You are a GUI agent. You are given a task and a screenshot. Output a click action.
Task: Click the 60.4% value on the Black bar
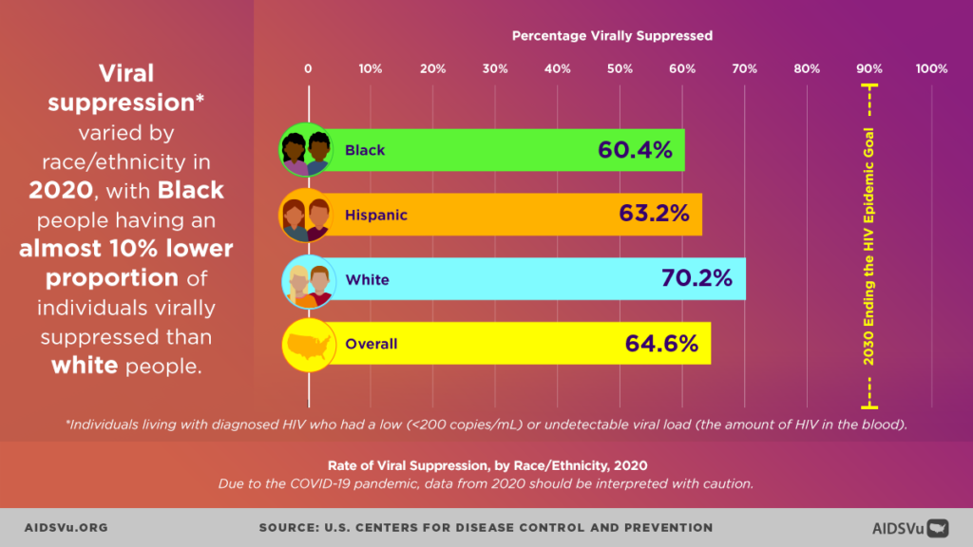(x=635, y=150)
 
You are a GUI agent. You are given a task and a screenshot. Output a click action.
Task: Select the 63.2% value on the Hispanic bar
(x=654, y=215)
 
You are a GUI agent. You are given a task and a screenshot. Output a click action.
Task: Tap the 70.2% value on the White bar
(x=696, y=279)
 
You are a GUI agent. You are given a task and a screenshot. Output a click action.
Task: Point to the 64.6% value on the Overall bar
(x=661, y=344)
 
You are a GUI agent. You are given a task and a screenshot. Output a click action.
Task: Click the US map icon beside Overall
(x=307, y=344)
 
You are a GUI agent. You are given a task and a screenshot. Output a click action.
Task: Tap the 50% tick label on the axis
(x=620, y=68)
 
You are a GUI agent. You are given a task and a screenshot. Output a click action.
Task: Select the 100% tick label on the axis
(x=931, y=68)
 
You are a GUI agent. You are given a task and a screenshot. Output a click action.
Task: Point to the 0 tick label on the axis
(x=308, y=68)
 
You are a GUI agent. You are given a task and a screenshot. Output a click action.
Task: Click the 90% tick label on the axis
(x=869, y=68)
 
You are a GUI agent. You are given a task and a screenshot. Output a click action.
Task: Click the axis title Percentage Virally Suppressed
(x=612, y=36)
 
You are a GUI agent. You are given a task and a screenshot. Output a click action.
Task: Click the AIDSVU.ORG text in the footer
(x=66, y=527)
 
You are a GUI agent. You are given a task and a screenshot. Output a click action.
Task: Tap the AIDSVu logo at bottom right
(x=910, y=527)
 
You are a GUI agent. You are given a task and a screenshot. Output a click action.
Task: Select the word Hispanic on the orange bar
(x=376, y=215)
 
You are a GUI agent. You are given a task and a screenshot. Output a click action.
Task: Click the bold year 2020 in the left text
(x=61, y=190)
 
